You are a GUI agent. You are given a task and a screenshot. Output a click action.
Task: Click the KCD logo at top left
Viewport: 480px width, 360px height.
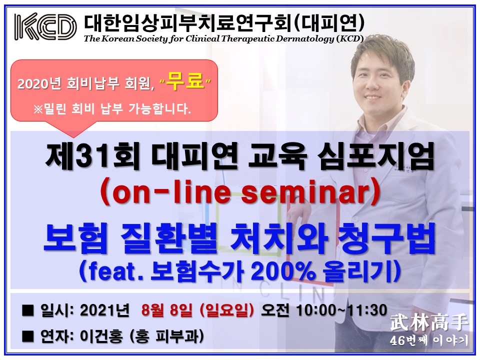(x=45, y=26)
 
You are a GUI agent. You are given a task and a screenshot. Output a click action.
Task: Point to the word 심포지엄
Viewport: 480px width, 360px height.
(x=375, y=157)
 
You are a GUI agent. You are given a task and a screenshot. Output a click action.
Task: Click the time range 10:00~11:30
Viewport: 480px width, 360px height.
(x=341, y=310)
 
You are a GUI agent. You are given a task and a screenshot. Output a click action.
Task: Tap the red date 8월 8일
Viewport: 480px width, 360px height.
(x=166, y=310)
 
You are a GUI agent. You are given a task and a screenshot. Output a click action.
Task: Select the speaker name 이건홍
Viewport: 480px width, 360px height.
(x=101, y=336)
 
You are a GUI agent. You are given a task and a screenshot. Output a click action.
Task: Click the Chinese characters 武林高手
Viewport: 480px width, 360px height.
(x=429, y=323)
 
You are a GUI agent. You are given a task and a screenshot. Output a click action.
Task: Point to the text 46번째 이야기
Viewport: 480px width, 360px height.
(x=429, y=340)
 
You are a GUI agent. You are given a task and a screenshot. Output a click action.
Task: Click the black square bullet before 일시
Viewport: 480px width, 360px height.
(x=28, y=310)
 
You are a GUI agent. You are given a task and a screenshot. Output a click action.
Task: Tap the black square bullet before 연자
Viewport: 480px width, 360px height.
(x=28, y=336)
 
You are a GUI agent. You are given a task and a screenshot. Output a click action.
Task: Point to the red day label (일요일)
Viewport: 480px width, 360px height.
(x=226, y=310)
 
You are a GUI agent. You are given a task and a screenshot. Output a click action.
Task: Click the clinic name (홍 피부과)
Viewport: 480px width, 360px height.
(x=167, y=336)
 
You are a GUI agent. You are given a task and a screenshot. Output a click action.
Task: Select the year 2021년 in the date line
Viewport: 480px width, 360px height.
(x=104, y=310)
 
